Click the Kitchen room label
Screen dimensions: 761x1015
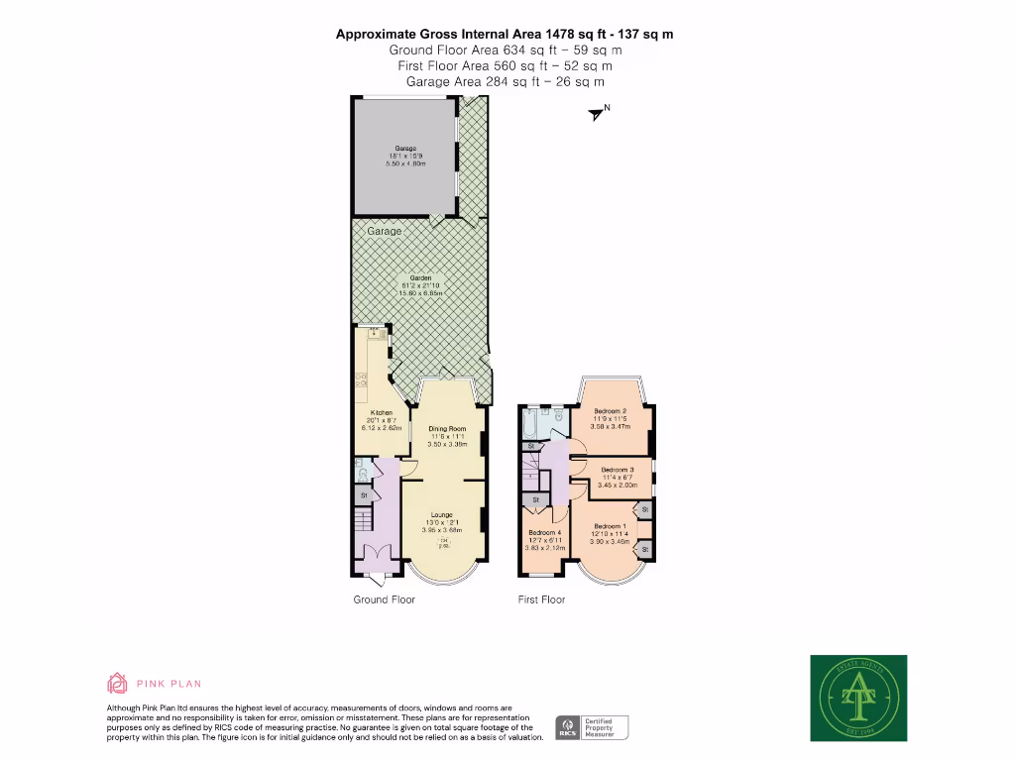point(381,412)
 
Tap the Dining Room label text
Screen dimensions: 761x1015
point(446,429)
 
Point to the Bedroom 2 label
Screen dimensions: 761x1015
point(612,411)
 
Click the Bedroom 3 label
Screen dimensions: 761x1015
point(617,470)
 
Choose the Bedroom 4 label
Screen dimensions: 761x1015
point(545,532)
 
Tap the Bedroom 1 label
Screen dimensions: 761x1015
point(609,526)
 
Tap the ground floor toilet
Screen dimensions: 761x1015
point(363,475)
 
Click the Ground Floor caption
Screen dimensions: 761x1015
point(385,599)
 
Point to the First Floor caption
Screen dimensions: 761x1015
point(541,599)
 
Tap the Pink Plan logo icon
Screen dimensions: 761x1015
point(118,683)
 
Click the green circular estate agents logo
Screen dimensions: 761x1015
point(858,698)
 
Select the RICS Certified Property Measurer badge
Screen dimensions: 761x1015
point(592,727)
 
